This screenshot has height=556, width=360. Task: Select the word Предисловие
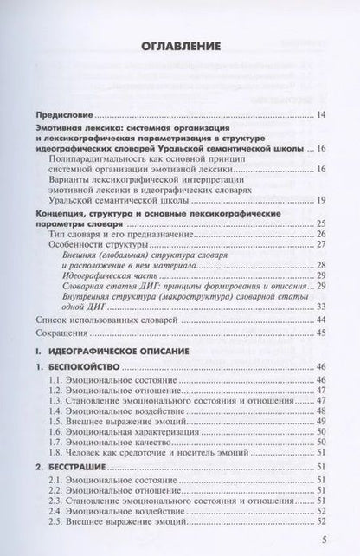pos(69,113)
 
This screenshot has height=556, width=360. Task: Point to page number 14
pos(321,114)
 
